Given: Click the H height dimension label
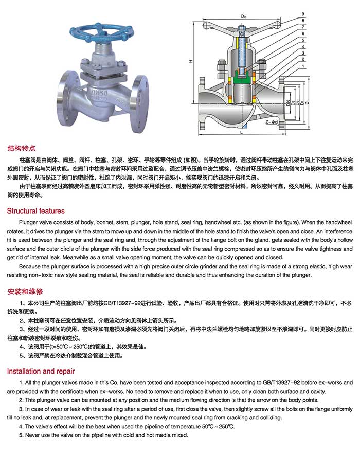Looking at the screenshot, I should point(190,62).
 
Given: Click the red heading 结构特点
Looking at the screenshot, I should point(21,148).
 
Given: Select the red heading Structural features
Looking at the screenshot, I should point(36,211).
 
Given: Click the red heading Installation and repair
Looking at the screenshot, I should point(41,371).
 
